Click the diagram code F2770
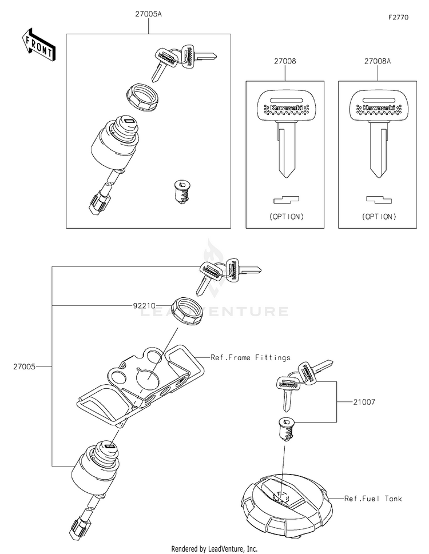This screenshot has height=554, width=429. pos(399,18)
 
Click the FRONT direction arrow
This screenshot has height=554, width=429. pos(39,45)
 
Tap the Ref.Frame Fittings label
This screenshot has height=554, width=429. pos(250,357)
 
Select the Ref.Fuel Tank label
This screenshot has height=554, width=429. pos(373,499)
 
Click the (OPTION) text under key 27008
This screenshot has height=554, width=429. pos(285,217)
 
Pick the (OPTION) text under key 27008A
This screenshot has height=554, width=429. pos(378,217)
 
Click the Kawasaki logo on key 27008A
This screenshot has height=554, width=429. pos(378,107)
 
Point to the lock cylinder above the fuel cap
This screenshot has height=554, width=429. pos(285,429)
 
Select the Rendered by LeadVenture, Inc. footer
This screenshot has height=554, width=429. pos(214,548)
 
